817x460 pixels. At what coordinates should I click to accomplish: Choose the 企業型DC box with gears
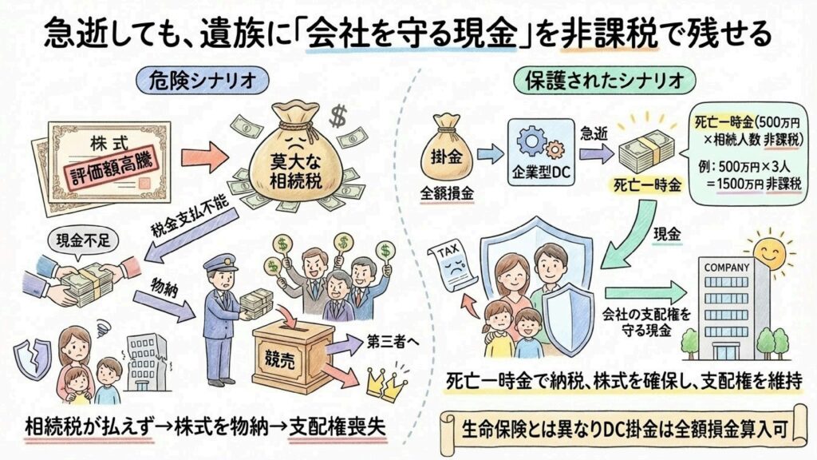tap(536, 152)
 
